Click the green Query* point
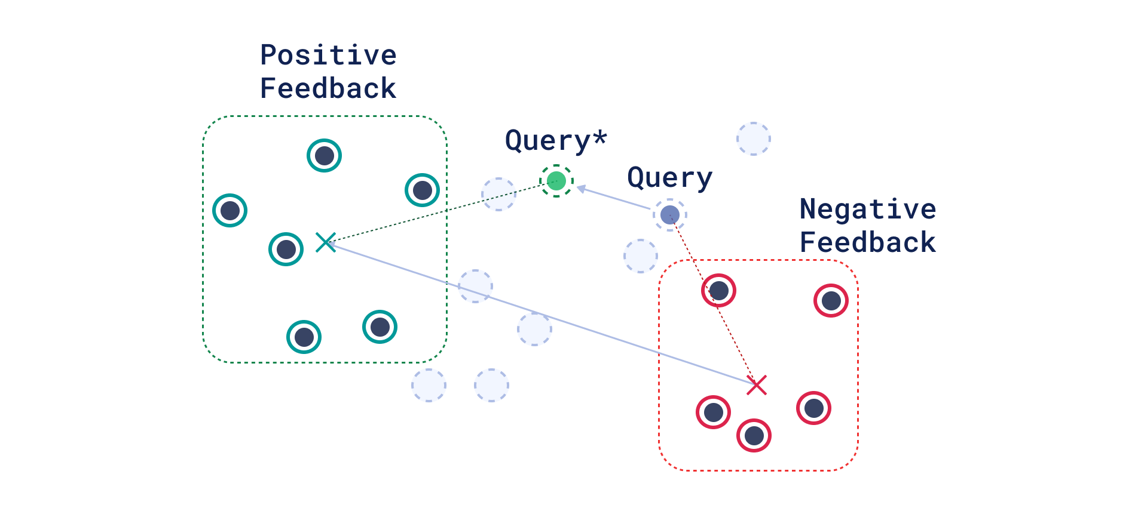click(x=556, y=181)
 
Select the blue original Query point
click(x=669, y=215)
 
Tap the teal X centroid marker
click(x=326, y=242)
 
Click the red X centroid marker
click(x=757, y=385)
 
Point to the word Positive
click(x=328, y=56)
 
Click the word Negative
click(x=868, y=210)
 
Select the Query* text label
click(x=556, y=141)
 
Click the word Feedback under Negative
click(x=868, y=242)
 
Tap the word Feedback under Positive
click(x=328, y=88)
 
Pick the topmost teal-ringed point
click(x=324, y=156)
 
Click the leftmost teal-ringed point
click(x=230, y=210)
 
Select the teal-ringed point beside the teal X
click(x=286, y=249)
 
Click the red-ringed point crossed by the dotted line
click(x=718, y=291)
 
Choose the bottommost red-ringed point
click(x=754, y=435)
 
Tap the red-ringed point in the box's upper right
click(x=831, y=301)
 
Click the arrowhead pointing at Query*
click(x=582, y=189)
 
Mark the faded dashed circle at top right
click(x=753, y=139)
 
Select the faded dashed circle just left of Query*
click(x=498, y=194)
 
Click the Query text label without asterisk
click(x=669, y=178)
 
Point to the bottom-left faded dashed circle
click(x=429, y=385)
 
